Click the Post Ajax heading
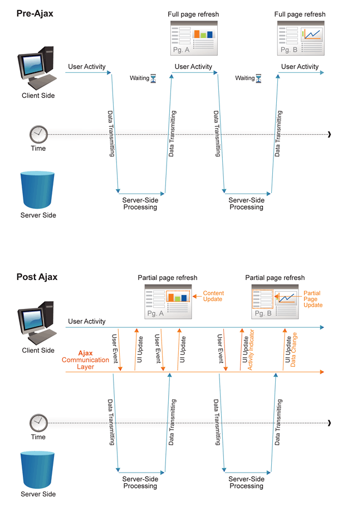coord(37,277)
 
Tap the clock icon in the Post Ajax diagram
coord(38,422)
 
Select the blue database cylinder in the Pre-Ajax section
coord(38,190)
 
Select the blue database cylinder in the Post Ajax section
coord(38,469)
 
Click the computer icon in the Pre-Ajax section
coord(37,68)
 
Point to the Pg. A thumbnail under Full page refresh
coord(193,38)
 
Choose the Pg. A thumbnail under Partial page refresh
coord(168,302)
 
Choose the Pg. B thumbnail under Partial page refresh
coord(275,302)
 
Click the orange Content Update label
coord(213,296)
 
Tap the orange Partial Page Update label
coord(313,299)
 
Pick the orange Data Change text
coord(295,348)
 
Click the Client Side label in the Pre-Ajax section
coord(38,96)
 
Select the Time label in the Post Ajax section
coord(38,437)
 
